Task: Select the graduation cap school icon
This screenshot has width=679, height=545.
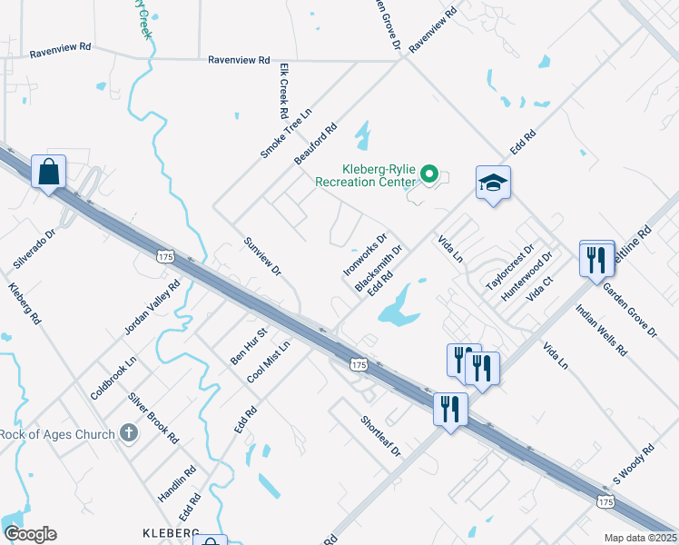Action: [493, 183]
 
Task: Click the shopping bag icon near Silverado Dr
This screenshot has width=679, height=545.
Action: [48, 171]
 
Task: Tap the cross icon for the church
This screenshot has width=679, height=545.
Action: [129, 433]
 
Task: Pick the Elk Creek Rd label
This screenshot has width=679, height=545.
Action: [283, 93]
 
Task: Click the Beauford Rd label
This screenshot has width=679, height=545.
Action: [316, 144]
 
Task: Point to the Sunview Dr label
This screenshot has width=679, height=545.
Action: [263, 256]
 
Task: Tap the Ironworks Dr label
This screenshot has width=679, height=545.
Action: [366, 253]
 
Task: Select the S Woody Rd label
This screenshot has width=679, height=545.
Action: [634, 463]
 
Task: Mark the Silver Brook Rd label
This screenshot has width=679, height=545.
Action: [153, 419]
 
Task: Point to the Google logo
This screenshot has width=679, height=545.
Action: [30, 534]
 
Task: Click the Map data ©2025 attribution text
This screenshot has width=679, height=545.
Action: [640, 538]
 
